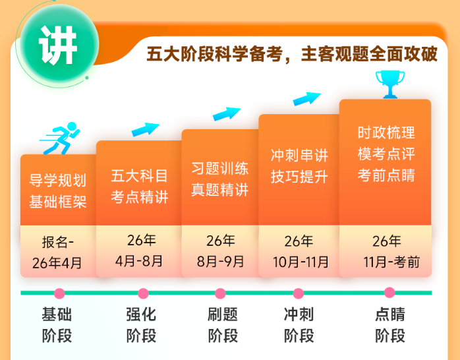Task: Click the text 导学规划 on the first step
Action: (58, 179)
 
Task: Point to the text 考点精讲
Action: (139, 197)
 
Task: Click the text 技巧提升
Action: (299, 176)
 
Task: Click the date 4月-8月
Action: (139, 260)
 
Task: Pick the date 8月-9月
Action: (220, 261)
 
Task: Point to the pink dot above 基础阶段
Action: (59, 293)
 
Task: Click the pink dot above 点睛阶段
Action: (389, 293)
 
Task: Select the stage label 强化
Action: (141, 315)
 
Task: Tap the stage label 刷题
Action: (223, 315)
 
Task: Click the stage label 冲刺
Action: (299, 315)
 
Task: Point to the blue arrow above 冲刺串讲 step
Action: (306, 99)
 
